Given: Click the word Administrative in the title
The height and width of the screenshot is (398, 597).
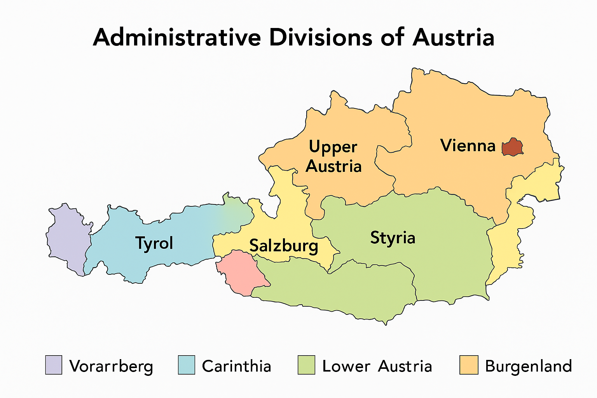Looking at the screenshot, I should click(177, 38).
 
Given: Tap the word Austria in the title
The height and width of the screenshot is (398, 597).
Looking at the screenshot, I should click(453, 38).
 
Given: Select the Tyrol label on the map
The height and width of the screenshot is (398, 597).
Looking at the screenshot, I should click(154, 243).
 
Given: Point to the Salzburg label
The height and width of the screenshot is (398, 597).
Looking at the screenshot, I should click(283, 246).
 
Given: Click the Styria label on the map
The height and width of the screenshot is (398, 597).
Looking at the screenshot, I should click(393, 237).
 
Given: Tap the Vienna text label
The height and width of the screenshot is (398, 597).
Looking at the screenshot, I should click(468, 145).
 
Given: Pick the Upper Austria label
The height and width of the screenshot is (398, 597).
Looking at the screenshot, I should click(333, 157).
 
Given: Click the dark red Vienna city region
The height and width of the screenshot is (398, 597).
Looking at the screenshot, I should click(512, 147).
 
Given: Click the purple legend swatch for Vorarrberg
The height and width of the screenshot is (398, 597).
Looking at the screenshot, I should click(54, 365).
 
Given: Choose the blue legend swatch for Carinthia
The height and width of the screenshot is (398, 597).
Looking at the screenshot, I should click(187, 365).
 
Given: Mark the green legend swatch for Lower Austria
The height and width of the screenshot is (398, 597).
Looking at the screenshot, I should click(306, 365).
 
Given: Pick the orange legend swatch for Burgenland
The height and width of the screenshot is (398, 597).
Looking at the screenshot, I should click(469, 365).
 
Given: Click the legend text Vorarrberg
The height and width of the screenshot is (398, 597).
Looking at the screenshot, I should click(111, 367).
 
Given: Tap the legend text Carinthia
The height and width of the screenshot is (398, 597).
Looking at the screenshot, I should click(236, 366).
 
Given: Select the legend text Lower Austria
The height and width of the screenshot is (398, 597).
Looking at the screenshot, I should click(377, 366).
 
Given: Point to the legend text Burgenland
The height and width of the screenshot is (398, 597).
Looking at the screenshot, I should click(529, 367).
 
